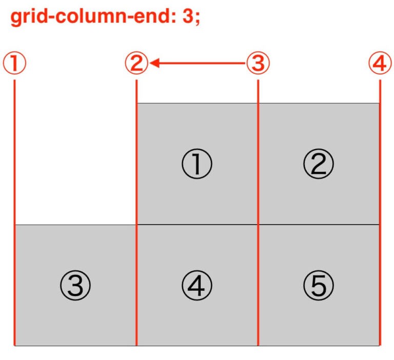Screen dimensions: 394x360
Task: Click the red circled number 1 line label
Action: (x=14, y=63)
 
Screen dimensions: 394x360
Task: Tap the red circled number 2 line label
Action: (x=136, y=63)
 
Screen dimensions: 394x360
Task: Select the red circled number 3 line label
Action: (x=258, y=63)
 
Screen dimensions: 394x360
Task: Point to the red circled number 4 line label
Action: (x=380, y=63)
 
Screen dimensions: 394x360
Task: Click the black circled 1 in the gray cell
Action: (x=197, y=164)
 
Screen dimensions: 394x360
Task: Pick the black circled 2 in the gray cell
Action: (x=319, y=164)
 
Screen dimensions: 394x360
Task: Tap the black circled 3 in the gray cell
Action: (x=75, y=285)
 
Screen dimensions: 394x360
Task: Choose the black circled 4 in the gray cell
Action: (x=197, y=285)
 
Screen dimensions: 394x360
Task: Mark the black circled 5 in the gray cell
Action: (x=319, y=285)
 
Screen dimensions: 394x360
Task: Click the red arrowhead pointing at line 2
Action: (x=154, y=63)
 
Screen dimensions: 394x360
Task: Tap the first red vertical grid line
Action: (x=14, y=213)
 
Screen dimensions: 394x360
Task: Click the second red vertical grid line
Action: (x=136, y=213)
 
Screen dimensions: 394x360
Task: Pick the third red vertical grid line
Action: (x=258, y=213)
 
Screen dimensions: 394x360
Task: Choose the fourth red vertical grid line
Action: (x=380, y=213)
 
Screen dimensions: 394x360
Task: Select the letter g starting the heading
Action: (x=15, y=18)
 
